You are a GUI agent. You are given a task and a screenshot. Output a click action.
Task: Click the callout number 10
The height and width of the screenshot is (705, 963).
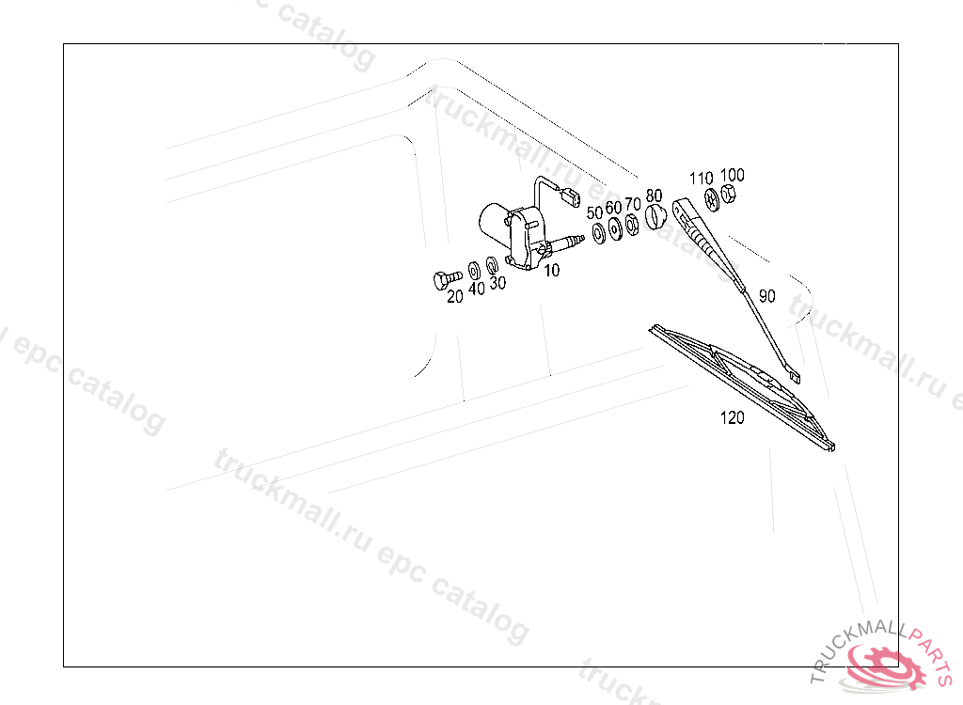[551, 270]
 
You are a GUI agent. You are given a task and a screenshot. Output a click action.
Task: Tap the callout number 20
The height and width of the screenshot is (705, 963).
[454, 297]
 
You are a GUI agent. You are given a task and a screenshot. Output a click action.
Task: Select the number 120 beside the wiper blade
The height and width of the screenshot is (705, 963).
[732, 418]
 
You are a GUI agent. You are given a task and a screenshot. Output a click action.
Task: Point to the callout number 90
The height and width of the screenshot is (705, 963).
[767, 296]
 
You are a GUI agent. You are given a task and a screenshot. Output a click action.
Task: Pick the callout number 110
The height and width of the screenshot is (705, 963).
[701, 179]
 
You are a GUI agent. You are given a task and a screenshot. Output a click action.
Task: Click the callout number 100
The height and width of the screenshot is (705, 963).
[732, 176]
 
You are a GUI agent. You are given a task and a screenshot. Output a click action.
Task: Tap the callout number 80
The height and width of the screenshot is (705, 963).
[655, 196]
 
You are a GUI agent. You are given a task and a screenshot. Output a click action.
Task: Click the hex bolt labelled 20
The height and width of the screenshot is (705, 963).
[448, 279]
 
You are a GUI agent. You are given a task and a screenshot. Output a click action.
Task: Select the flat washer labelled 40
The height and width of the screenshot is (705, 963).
[474, 271]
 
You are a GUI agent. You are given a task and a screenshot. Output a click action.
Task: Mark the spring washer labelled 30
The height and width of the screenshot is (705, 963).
[491, 265]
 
